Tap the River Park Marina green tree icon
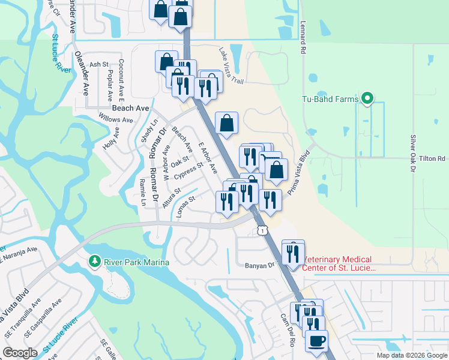click(94, 262)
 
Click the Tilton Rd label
click(433, 158)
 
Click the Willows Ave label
click(119, 120)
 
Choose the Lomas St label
click(186, 205)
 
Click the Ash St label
click(98, 64)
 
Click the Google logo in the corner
click(20, 352)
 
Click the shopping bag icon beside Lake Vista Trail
click(227, 123)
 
